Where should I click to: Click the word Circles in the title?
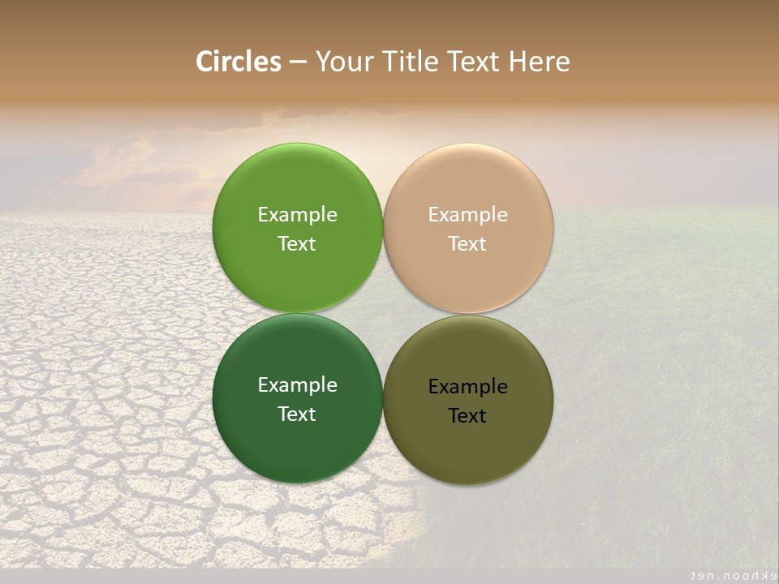point(238,62)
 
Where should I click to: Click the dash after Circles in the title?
point(298,62)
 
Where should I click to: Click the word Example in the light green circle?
point(297,215)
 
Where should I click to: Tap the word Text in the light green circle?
point(297,244)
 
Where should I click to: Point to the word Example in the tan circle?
point(468,215)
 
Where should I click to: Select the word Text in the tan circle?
point(468,244)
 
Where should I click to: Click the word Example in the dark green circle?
point(297,385)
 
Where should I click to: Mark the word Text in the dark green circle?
point(297,414)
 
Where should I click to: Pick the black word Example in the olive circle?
point(468,387)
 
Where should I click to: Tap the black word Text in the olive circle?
point(468,416)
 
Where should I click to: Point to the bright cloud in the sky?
point(130,166)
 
